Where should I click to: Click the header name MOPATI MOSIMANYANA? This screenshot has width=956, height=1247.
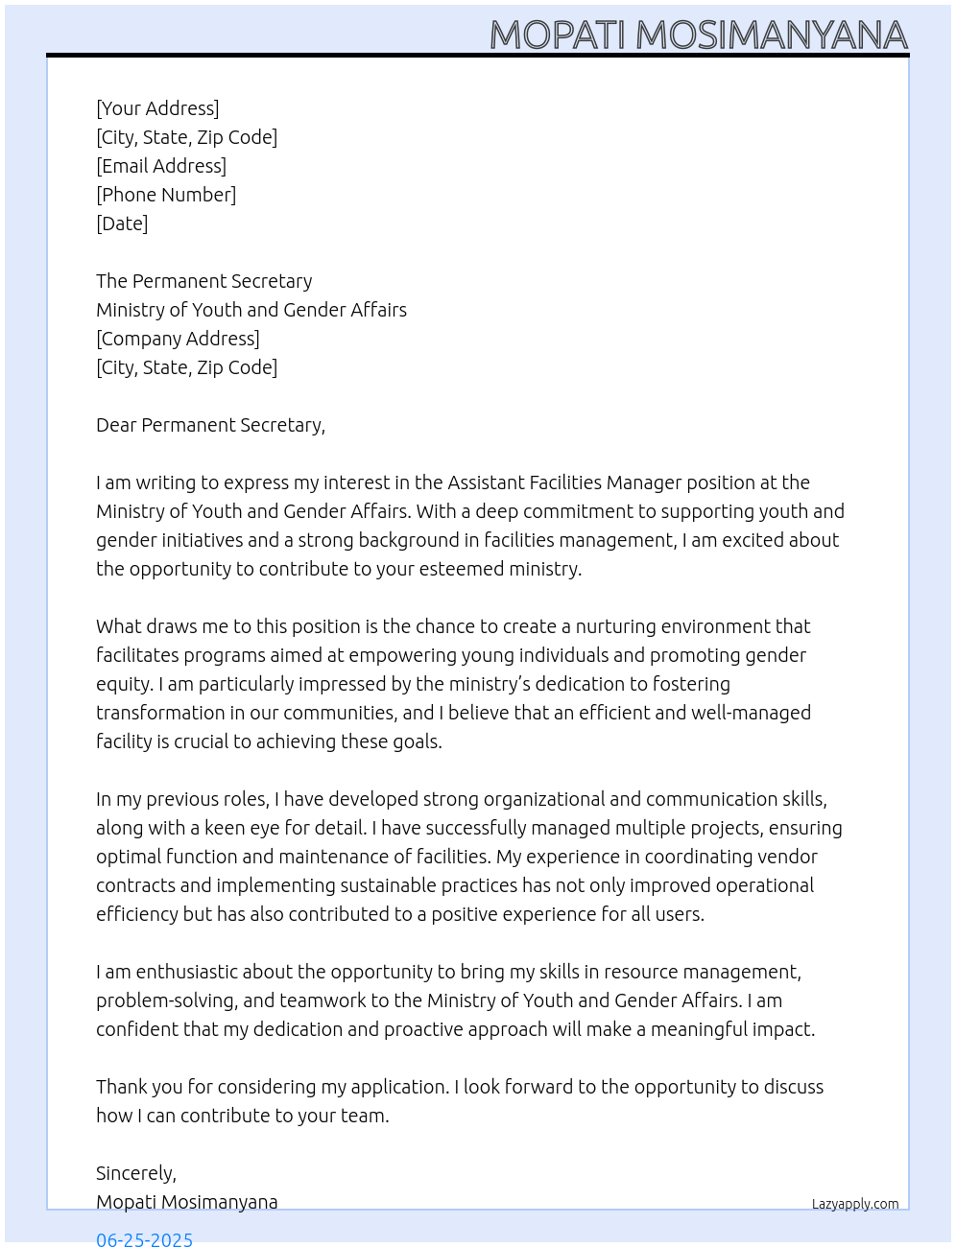point(698,35)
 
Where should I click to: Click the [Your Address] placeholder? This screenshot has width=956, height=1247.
point(157,108)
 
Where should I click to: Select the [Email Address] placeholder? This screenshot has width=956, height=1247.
point(161,166)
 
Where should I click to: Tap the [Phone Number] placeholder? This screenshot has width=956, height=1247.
point(166,195)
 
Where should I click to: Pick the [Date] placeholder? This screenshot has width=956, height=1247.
point(122,224)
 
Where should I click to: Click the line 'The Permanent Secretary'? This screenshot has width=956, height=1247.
point(203,281)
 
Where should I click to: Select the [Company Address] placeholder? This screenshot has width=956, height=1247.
point(178,339)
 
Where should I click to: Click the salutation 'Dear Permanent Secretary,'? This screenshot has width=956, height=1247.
point(210,425)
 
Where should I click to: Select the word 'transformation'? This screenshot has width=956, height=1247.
point(160,713)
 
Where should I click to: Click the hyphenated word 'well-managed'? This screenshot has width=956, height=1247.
point(754,713)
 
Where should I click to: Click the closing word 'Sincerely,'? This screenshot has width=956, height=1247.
point(136,1173)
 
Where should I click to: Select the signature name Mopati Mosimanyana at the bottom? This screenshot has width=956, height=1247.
point(187,1202)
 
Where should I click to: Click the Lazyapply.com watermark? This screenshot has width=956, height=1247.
point(855,1204)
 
